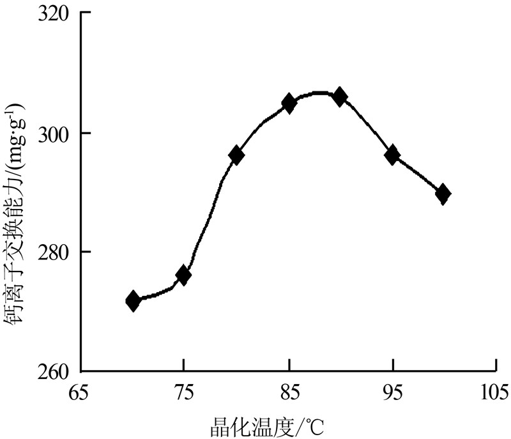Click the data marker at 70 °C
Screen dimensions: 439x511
point(133,301)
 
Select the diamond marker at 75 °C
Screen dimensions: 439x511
point(183,275)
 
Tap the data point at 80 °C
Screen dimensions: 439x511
point(236,155)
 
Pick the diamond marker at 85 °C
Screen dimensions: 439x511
point(289,102)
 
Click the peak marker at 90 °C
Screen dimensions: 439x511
point(340,97)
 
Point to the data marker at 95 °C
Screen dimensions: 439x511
point(392,154)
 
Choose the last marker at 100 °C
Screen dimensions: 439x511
point(443,194)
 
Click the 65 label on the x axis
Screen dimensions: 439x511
point(79,392)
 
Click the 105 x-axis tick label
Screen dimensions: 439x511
point(496,392)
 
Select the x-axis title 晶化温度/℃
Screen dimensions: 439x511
point(270,424)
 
